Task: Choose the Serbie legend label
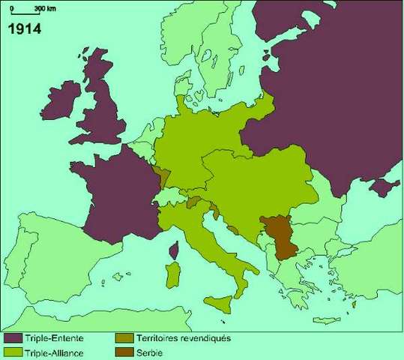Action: [x=150, y=352]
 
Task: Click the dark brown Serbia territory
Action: [x=279, y=235]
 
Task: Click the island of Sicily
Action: [x=218, y=304]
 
